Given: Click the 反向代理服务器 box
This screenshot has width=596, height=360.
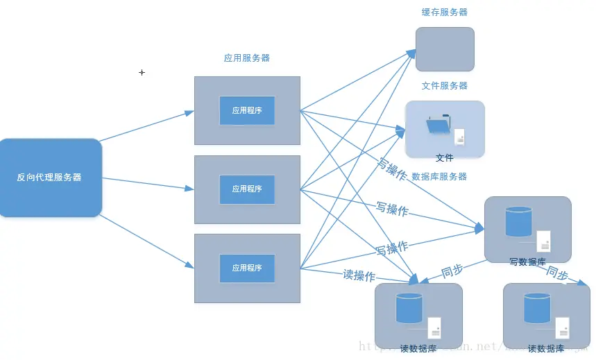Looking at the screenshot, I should [50, 178].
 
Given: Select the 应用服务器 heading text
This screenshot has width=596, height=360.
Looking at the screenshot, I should [246, 58].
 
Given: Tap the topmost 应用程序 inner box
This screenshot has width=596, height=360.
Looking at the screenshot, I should [247, 110].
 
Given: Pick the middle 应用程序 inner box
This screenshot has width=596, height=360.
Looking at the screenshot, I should [247, 189].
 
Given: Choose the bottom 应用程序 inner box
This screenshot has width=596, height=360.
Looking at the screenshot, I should [247, 268].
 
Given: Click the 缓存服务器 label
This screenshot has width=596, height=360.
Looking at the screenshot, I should [445, 12].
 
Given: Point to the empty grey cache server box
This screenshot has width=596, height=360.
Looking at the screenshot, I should [445, 49].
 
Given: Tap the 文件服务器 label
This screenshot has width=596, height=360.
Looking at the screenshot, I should [445, 86].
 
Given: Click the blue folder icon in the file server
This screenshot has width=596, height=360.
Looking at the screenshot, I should [438, 126].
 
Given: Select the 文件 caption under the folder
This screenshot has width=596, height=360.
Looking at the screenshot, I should [444, 158].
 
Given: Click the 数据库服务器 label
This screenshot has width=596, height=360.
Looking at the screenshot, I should [439, 177].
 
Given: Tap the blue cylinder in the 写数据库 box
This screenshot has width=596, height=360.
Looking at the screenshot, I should [518, 221].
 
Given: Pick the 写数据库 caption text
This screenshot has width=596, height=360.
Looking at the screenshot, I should [527, 262].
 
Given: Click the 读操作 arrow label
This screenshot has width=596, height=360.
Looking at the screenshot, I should [359, 275].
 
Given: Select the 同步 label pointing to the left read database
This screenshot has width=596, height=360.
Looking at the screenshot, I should [452, 271].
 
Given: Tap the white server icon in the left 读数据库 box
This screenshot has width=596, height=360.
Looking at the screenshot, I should [434, 327].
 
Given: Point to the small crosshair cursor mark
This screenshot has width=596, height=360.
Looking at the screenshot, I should [142, 72].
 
